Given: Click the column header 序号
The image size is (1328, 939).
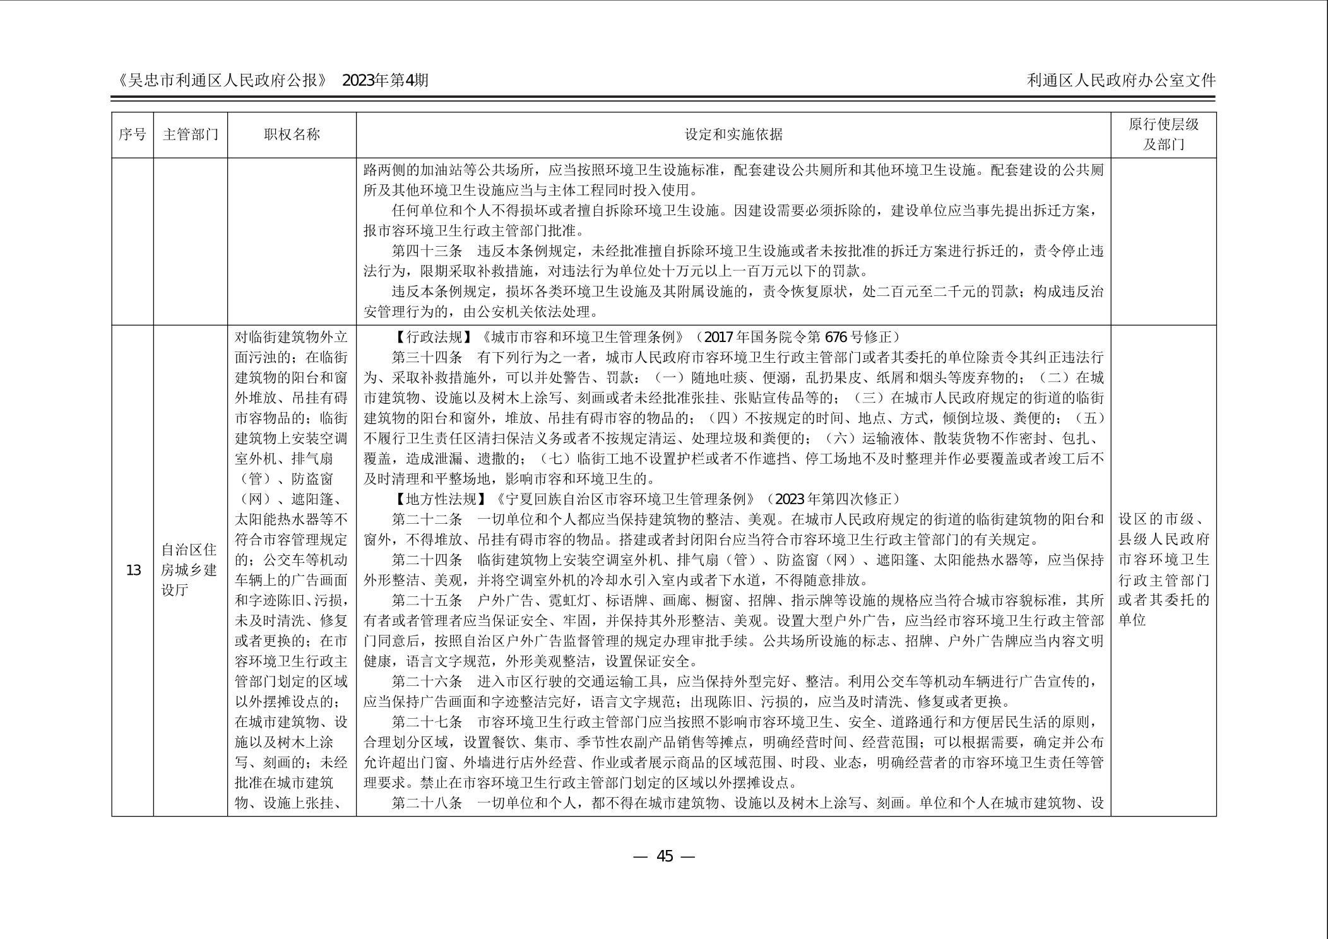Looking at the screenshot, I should (x=133, y=134).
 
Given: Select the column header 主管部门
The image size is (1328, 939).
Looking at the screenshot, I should (x=190, y=134).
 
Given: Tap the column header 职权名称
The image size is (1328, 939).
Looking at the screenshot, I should (x=292, y=134).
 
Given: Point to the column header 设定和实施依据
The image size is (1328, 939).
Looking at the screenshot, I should (x=733, y=134).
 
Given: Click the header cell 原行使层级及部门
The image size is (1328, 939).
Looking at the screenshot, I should (x=1163, y=134).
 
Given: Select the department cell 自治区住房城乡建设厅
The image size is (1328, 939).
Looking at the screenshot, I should (x=190, y=570).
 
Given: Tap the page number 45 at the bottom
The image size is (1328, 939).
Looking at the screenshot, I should (x=665, y=856).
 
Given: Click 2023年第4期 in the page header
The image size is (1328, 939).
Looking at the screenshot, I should (x=385, y=81).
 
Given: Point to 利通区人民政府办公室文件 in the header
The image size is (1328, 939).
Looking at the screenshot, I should (x=1121, y=81).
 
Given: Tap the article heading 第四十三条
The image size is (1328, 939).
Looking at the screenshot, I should (x=427, y=251).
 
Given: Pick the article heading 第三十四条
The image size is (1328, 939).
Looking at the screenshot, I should (x=427, y=357).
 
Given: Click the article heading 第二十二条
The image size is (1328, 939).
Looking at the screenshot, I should (x=427, y=519).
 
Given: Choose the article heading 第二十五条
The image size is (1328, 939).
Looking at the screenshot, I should (x=427, y=601).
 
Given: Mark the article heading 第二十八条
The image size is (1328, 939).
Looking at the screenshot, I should (x=427, y=803).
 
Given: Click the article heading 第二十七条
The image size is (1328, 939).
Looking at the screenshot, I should (x=427, y=722).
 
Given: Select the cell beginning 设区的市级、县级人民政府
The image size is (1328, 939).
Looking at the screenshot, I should (x=1163, y=570).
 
